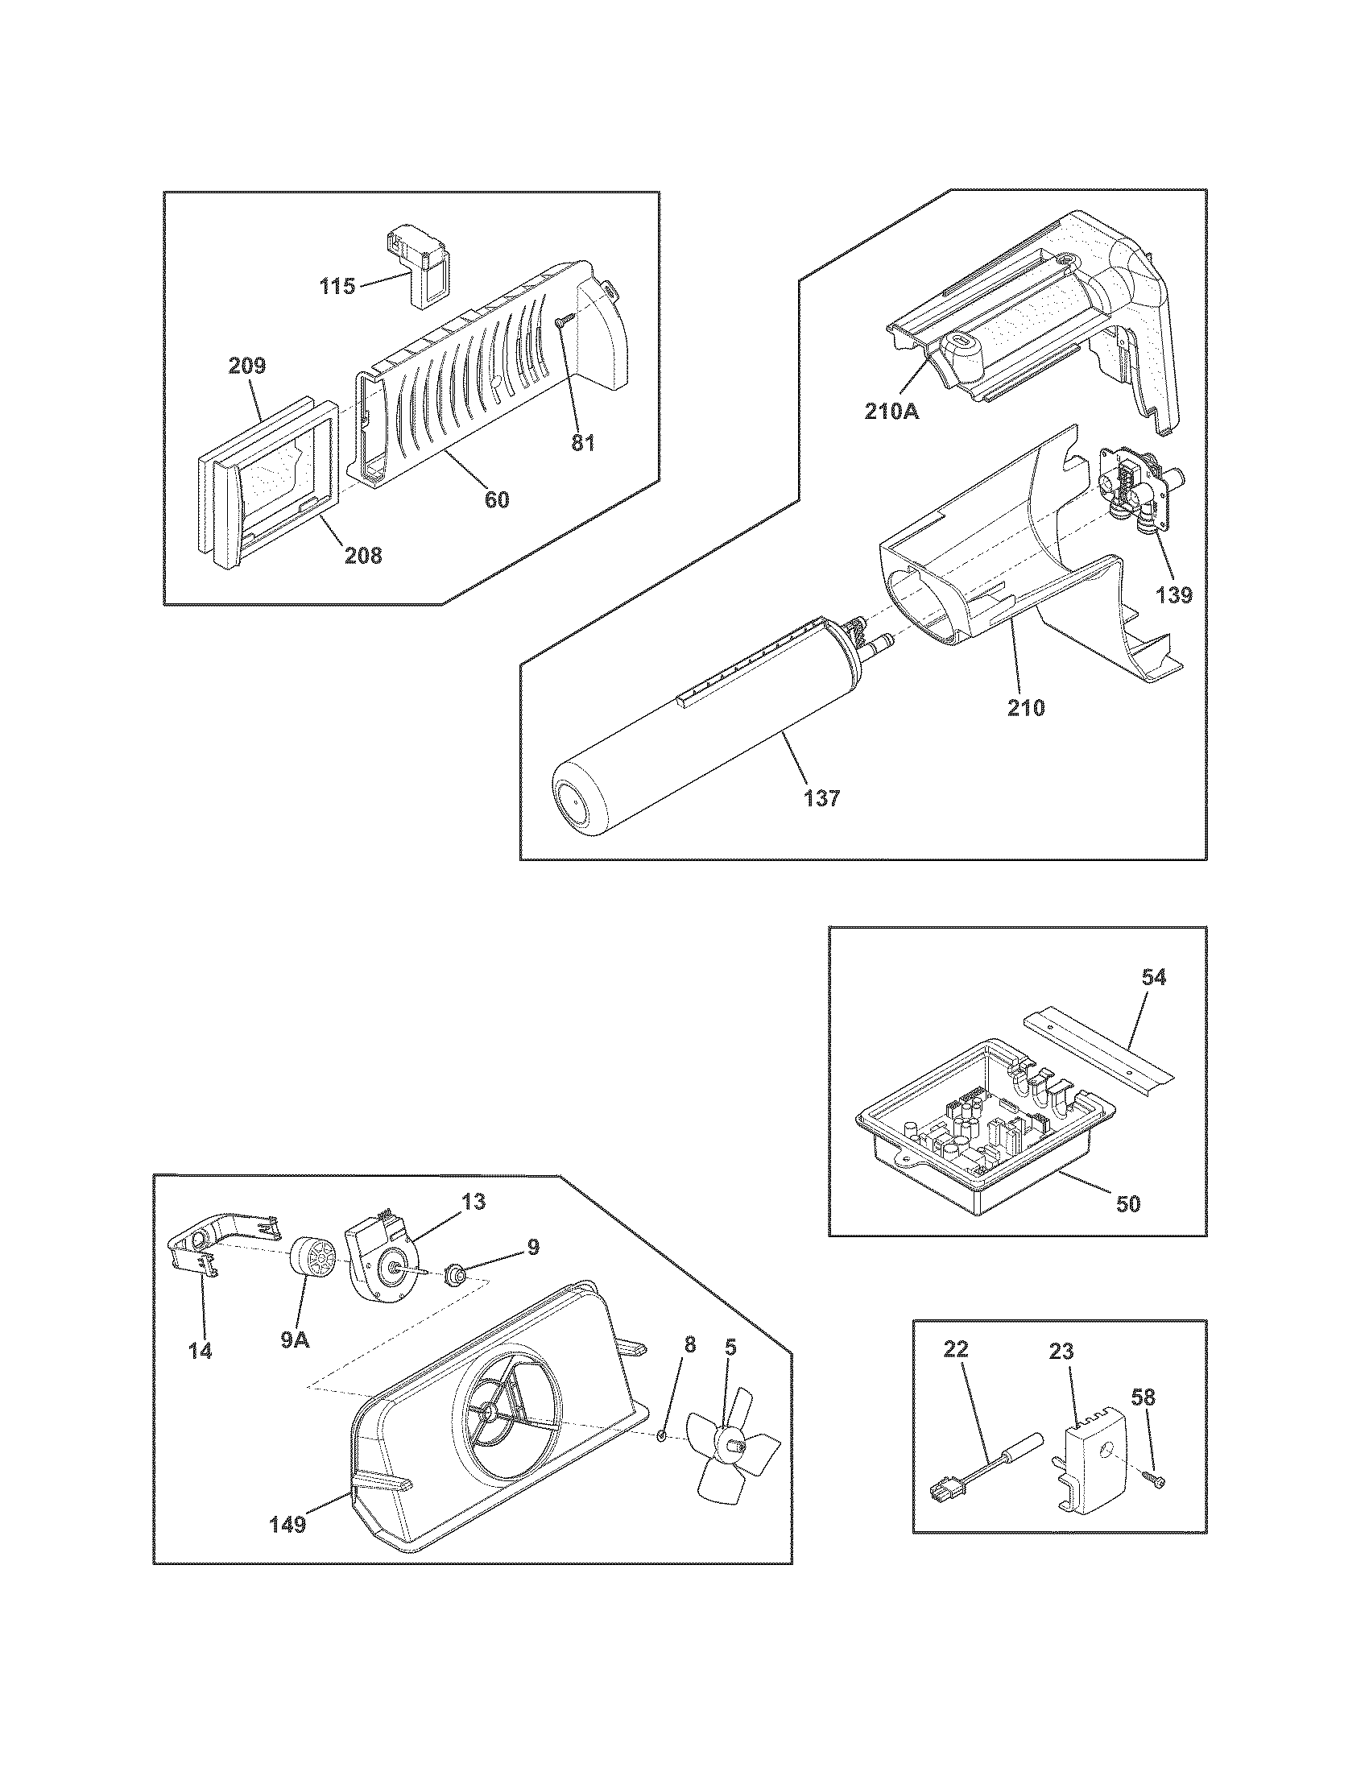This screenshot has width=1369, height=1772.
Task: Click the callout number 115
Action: tap(337, 286)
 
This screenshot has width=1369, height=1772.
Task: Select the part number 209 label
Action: tap(246, 366)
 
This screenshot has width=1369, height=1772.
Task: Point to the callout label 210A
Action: tap(891, 412)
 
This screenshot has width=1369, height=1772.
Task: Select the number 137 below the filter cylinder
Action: tap(822, 798)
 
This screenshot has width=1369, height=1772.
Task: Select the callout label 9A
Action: tap(296, 1339)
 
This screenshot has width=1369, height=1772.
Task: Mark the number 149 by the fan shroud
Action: tap(287, 1526)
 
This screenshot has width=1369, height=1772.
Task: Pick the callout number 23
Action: tap(1061, 1352)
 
